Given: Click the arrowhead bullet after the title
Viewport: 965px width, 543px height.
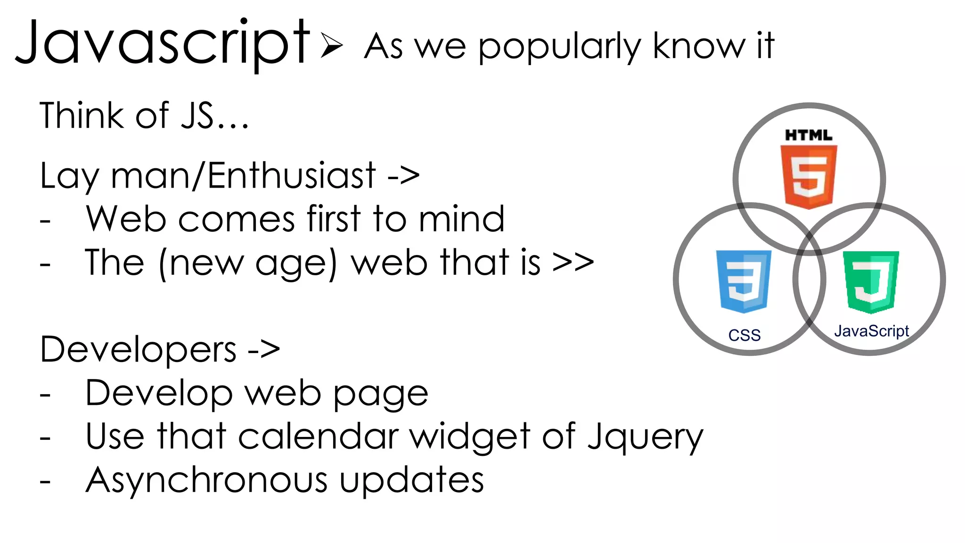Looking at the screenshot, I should [332, 45].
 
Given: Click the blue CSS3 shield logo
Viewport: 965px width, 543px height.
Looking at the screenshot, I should [744, 281].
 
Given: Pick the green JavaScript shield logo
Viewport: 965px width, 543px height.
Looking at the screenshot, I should [871, 282].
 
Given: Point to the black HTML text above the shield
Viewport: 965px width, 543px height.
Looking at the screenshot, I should [809, 135].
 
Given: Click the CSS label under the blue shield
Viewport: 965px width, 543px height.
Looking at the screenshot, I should [744, 335].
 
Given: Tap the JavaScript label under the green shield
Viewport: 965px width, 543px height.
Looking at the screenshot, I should [871, 331].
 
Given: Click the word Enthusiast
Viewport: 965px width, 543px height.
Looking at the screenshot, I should [292, 176].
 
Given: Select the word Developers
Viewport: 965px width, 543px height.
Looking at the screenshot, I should [138, 350].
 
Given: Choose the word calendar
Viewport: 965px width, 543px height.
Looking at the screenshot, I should [319, 436].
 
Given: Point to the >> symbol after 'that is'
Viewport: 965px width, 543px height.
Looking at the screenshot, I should [573, 262].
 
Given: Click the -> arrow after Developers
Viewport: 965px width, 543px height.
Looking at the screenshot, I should [264, 350].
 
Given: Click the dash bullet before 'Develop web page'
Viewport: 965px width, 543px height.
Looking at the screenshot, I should [45, 395].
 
